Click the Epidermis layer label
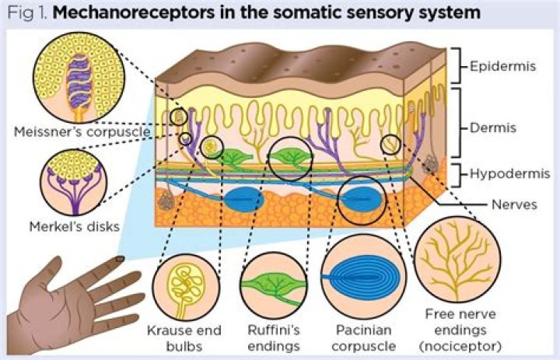point(503,66)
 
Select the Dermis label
point(493,128)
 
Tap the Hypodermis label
point(509,174)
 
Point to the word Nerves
point(514,204)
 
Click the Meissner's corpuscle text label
point(82,131)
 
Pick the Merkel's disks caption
point(75,226)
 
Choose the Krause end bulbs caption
point(184,338)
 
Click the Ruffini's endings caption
point(274,338)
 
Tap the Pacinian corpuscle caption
point(363,338)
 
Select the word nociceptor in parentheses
point(460,346)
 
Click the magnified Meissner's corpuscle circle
point(79,78)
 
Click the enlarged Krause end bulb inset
point(186,287)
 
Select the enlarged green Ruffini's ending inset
point(274,285)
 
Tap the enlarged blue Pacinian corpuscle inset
point(363,277)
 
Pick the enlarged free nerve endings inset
point(457,259)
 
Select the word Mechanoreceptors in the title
point(134,13)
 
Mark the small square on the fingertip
point(121,259)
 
